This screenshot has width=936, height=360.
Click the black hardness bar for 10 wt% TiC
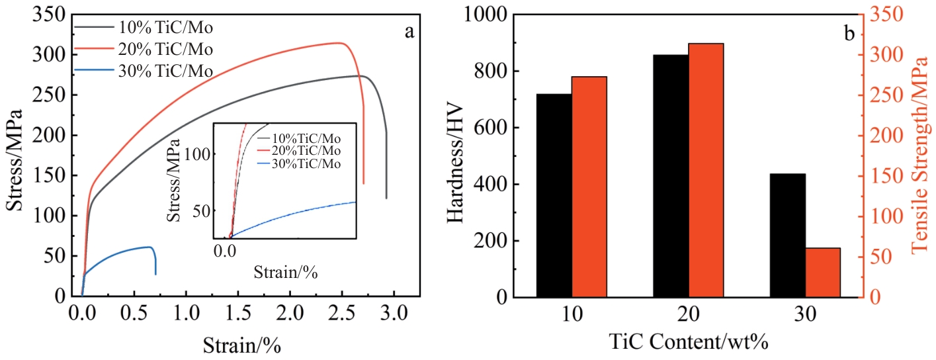[554, 196]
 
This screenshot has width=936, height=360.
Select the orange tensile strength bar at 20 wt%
[706, 170]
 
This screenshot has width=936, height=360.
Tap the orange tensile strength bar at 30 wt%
[822, 273]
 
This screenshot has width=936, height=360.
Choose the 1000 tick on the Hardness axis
[485, 15]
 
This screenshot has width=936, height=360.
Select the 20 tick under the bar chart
[689, 316]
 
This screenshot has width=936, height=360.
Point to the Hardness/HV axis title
[456, 157]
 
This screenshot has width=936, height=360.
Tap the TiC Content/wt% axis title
[687, 342]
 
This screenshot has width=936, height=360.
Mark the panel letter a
[409, 31]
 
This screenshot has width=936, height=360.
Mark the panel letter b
[849, 31]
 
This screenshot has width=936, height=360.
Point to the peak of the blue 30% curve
[148, 247]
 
